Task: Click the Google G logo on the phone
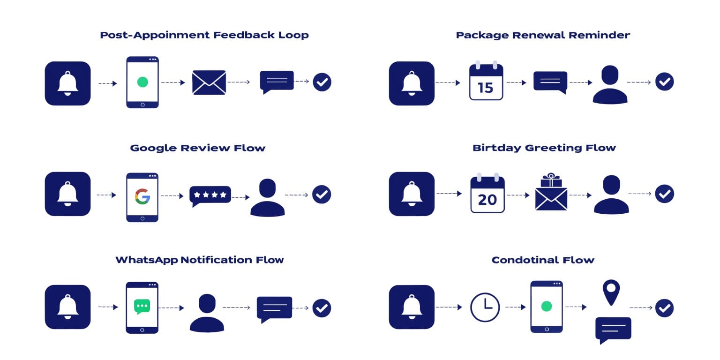[x=142, y=196]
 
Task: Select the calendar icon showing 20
[x=487, y=193]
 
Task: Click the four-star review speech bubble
[x=210, y=196]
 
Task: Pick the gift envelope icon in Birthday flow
[x=551, y=192]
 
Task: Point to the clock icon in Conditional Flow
[x=485, y=307]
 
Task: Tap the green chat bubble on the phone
[x=142, y=306]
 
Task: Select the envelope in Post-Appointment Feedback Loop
[x=209, y=82]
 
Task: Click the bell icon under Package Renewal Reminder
[x=412, y=83]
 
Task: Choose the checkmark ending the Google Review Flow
[x=322, y=194]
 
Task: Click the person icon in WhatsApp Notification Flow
[x=207, y=313]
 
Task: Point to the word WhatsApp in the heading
[x=147, y=260]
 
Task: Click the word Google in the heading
[x=153, y=148]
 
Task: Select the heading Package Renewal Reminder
[x=543, y=35]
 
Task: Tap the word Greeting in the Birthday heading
[x=553, y=148]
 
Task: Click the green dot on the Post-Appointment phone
[x=142, y=82]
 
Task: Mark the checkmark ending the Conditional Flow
[x=664, y=308]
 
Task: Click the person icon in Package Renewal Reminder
[x=610, y=84]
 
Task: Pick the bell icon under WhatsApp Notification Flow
[x=67, y=307]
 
